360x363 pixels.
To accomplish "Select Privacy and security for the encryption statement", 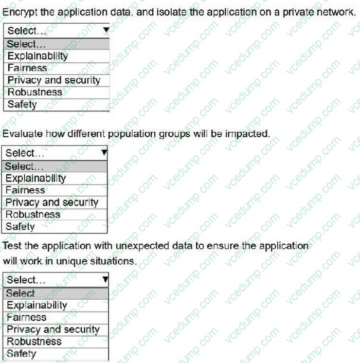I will click(x=54, y=80).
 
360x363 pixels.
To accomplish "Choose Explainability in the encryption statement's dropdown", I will click(x=38, y=56).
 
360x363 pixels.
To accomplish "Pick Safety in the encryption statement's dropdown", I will click(x=22, y=104).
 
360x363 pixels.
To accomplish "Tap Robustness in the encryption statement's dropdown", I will click(x=34, y=93).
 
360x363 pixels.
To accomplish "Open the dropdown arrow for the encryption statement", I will click(x=105, y=30).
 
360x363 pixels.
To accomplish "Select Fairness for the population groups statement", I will click(x=25, y=190).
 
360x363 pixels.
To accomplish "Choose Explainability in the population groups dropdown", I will click(x=36, y=178).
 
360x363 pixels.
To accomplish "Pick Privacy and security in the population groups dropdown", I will click(x=52, y=203).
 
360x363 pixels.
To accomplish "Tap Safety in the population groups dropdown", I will click(x=20, y=226).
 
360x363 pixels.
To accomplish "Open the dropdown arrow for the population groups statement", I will click(x=104, y=153).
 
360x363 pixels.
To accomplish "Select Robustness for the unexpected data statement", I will click(x=34, y=341).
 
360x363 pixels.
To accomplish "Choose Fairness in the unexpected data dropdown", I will click(x=26, y=317).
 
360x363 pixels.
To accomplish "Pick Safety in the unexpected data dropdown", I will click(x=21, y=354).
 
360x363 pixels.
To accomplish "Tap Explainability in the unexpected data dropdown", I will click(x=37, y=305).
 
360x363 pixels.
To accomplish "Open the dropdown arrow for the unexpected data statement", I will click(x=105, y=280).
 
